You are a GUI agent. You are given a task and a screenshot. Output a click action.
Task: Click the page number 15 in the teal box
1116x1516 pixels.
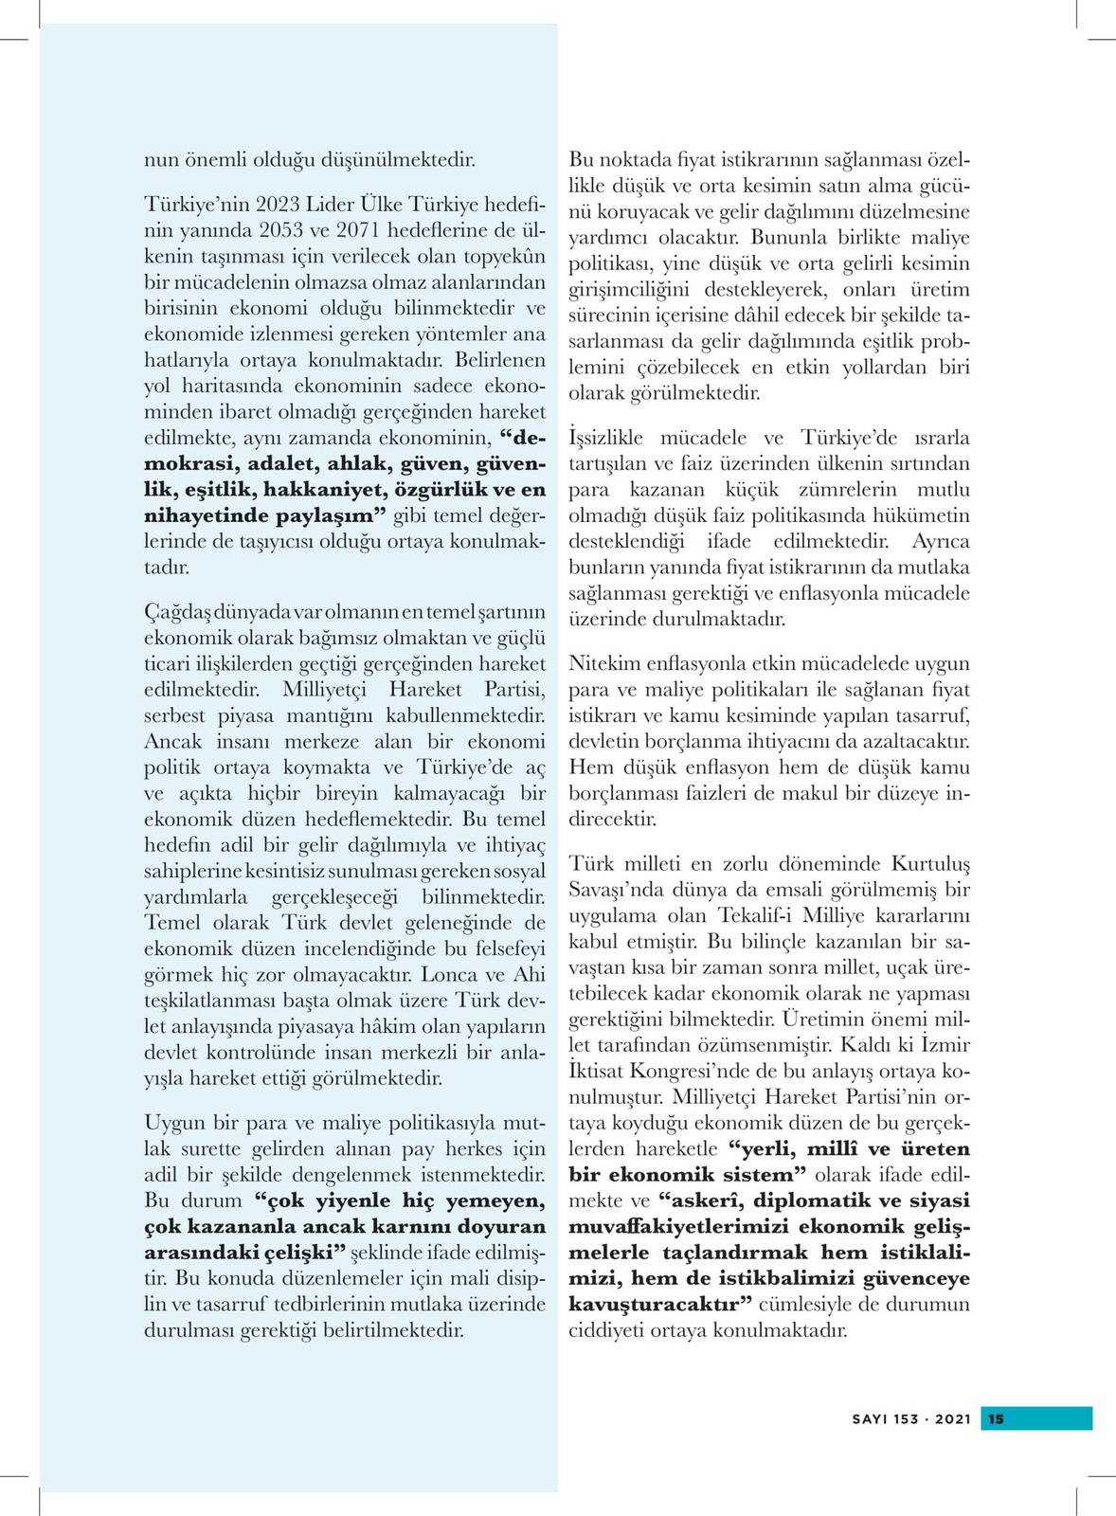pos(996,1418)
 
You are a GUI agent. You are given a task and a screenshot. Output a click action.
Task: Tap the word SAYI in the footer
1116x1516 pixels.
pos(870,1419)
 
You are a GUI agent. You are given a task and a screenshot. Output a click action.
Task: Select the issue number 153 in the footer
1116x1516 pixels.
pos(906,1419)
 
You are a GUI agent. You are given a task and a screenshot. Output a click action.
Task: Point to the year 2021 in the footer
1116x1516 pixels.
pos(953,1419)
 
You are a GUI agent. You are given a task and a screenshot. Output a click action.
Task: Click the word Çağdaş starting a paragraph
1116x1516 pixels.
pos(170,612)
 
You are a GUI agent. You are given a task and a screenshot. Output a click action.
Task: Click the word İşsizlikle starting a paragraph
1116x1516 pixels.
pos(605,438)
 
